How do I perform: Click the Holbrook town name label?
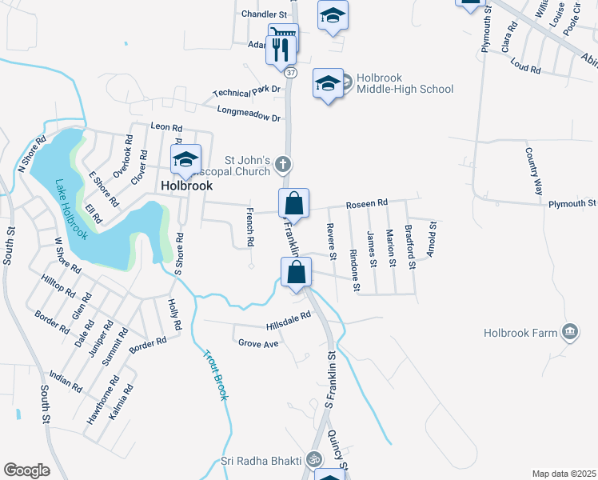(x=186, y=185)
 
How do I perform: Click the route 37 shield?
(x=290, y=73)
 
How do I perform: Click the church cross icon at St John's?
(x=282, y=165)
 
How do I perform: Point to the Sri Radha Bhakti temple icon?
(x=314, y=460)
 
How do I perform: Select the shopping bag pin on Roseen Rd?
(x=294, y=203)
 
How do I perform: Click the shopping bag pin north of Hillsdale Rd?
(x=296, y=271)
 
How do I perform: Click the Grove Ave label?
(x=258, y=343)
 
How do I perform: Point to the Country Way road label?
(x=534, y=171)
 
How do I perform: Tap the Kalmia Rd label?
(x=127, y=404)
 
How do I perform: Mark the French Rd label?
(x=249, y=226)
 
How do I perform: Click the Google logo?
(x=26, y=470)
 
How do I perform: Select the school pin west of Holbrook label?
(x=186, y=161)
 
